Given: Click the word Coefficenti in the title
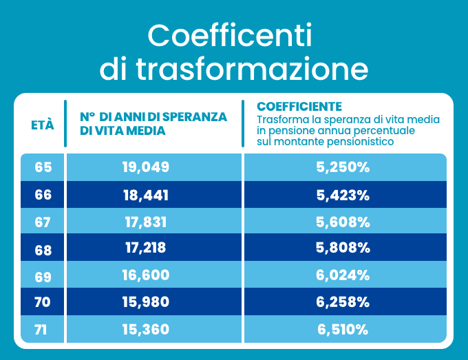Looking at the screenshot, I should [x=230, y=34].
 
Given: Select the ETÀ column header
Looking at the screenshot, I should [x=43, y=125].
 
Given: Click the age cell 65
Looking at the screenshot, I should [x=43, y=167].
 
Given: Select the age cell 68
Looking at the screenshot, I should [x=43, y=248].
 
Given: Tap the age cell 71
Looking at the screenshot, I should [x=41, y=330].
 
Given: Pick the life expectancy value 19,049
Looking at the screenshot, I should [x=146, y=167].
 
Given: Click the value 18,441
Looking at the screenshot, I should [x=146, y=195].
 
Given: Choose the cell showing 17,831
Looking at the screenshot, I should [x=146, y=222].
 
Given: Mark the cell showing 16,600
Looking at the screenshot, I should [x=146, y=275].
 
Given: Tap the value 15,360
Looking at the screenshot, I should [x=146, y=330].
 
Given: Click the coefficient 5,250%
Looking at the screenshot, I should [x=343, y=167].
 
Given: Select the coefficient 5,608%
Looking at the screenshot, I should [x=343, y=222].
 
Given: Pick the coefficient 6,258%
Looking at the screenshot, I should [x=343, y=302].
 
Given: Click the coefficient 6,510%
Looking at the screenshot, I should [x=343, y=330].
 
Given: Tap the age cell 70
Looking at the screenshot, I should [x=43, y=302].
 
